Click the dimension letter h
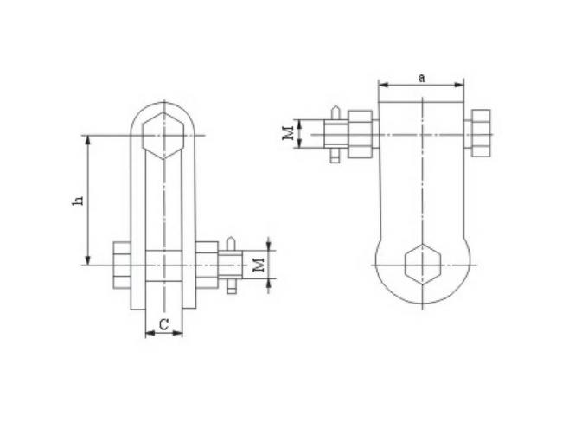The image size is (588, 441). click(x=79, y=200)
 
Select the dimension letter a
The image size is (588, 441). click(x=421, y=77)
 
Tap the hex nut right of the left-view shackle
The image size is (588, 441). click(x=208, y=264)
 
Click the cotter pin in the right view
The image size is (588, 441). click(x=335, y=135)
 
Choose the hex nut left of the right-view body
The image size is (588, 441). click(x=361, y=135)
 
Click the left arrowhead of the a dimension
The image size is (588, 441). click(x=382, y=85)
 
